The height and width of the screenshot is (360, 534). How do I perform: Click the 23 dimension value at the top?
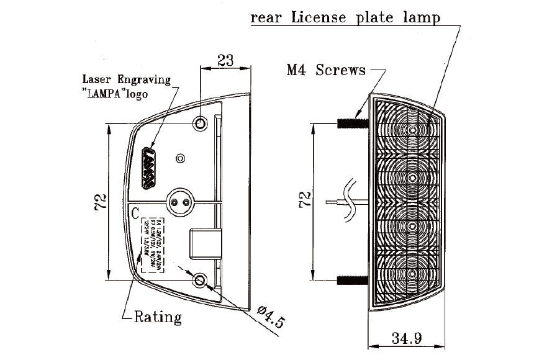click(225, 61)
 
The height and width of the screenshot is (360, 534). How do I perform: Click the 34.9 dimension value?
click(407, 339)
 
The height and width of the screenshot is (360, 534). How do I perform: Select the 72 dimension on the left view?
click(102, 202)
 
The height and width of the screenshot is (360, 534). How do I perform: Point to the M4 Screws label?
click(326, 70)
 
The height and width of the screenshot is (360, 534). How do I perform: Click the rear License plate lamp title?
click(345, 17)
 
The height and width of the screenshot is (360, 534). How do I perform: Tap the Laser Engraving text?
click(126, 79)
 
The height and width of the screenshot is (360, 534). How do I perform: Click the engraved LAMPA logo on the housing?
click(149, 168)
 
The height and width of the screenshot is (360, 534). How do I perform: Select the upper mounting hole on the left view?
click(200, 124)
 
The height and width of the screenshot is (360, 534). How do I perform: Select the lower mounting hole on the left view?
click(200, 281)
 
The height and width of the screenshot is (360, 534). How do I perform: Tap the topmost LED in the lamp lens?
click(413, 130)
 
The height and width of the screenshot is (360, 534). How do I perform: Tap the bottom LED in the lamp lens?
click(413, 273)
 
